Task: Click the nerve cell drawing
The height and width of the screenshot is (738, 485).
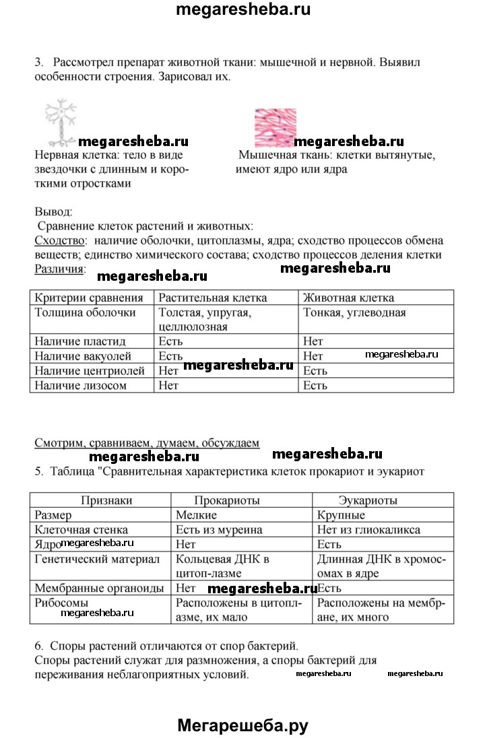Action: (61, 123)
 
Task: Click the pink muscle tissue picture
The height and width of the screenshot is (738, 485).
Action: (276, 127)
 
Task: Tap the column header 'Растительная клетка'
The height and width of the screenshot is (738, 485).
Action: (212, 298)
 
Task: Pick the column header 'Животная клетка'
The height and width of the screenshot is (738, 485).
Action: (348, 298)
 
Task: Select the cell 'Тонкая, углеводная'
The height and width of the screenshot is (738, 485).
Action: (354, 312)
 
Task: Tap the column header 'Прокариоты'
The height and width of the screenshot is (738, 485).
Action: (227, 500)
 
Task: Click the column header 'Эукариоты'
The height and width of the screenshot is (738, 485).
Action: (367, 500)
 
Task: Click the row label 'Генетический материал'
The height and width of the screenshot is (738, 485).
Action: (97, 559)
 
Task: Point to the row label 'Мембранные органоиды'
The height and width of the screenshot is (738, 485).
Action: (99, 588)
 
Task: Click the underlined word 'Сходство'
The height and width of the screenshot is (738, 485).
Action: (60, 241)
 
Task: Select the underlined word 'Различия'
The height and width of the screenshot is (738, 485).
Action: (59, 269)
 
